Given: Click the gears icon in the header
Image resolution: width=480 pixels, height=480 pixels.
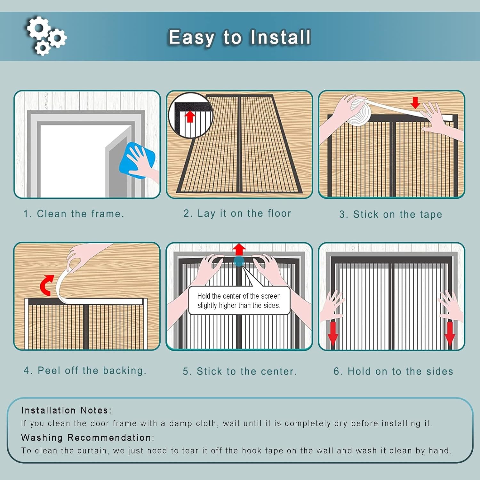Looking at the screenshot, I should point(46,36).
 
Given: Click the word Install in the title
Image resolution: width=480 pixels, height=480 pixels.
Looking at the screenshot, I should point(280,37).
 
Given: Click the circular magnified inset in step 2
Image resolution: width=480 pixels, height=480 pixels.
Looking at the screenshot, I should point(191,116).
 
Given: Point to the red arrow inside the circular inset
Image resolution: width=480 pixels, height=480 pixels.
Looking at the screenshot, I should point(190,116).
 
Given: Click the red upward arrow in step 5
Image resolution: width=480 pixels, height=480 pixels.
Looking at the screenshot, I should point(239,249).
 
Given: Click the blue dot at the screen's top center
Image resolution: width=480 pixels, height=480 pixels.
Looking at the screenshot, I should point(239,261).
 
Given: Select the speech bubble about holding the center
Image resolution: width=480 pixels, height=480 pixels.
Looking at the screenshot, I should point(239,300).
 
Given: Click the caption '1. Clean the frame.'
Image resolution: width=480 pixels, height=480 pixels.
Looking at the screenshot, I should point(74,214).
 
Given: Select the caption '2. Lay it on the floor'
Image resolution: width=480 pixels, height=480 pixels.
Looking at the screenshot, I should point(237,213).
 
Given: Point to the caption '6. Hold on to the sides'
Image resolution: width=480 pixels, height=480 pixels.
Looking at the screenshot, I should point(393,371).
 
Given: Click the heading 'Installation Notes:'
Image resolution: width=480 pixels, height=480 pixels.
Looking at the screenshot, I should point(66,410).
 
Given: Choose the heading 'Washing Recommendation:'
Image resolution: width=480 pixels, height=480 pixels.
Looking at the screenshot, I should point(88,437).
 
